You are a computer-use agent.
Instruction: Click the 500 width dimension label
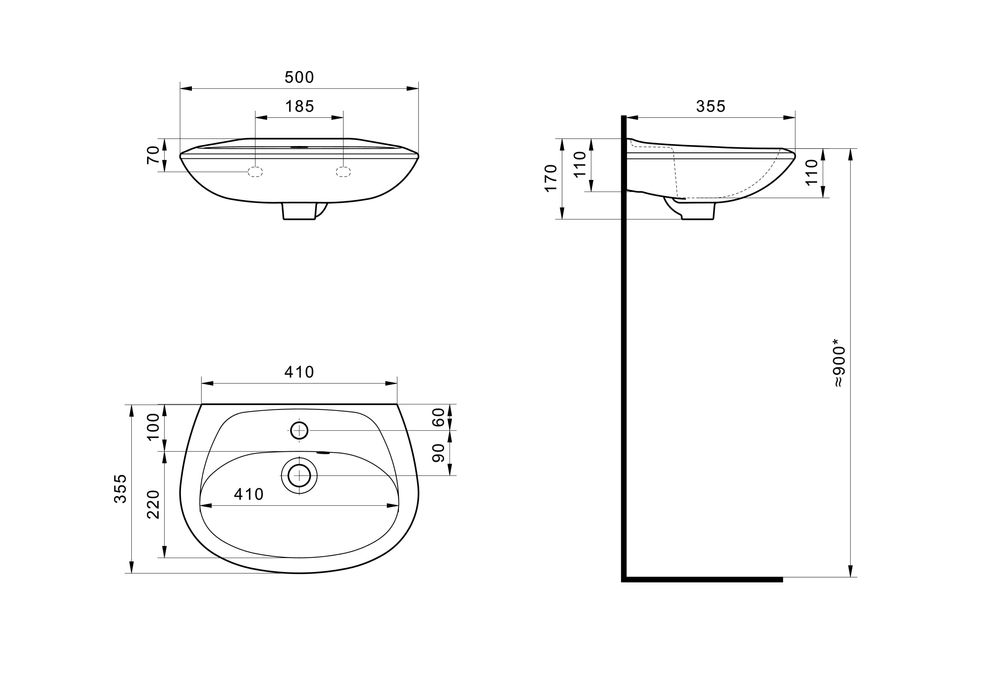(x=299, y=77)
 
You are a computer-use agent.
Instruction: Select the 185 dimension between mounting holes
(x=299, y=106)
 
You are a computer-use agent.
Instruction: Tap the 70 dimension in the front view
(x=153, y=155)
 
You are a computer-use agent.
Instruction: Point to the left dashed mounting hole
(x=255, y=172)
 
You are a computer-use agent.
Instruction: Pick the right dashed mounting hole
(x=343, y=172)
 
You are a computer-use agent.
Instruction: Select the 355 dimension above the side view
(x=711, y=107)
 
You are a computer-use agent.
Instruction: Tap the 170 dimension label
(x=551, y=179)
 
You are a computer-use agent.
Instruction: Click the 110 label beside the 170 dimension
(x=580, y=165)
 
